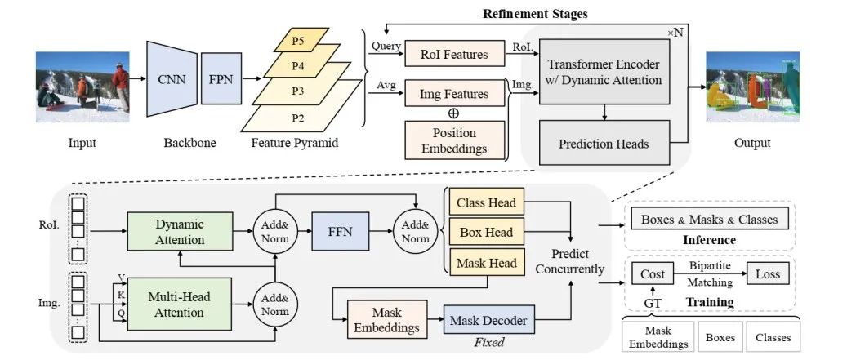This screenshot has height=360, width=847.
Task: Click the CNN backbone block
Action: pos(172,80)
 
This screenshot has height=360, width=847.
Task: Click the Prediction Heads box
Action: pos(604,144)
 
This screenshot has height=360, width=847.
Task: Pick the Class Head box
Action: pos(484,202)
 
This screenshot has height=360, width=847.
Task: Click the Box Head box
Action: pos(484,233)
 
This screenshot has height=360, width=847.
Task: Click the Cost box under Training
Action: pos(653,274)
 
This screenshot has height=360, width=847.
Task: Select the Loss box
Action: pos(767,274)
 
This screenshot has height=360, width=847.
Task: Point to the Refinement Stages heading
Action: pos(535,14)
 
